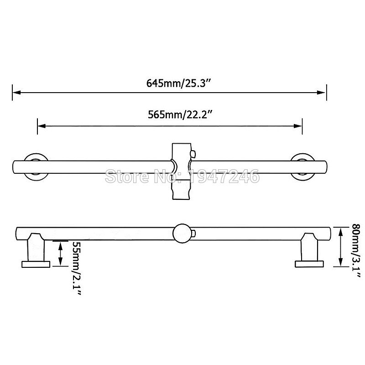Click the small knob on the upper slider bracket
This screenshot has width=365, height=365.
[x=194, y=153]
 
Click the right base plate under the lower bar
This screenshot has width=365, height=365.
[x=309, y=263]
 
